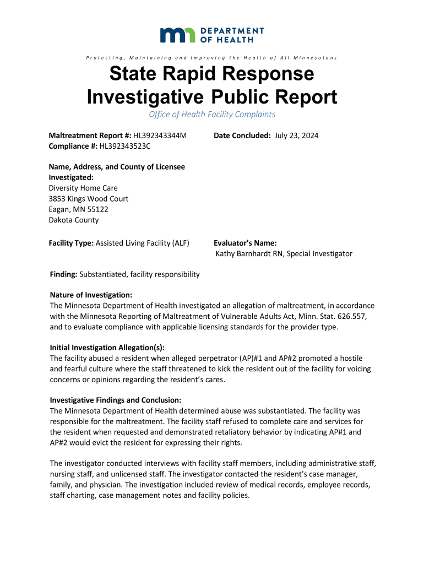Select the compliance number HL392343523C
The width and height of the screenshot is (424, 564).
pyautogui.click(x=124, y=146)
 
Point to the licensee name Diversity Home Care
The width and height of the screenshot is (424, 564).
pyautogui.click(x=83, y=188)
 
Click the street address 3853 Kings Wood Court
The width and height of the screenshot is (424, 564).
pyautogui.click(x=89, y=199)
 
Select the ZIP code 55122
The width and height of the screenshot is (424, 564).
pyautogui.click(x=97, y=209)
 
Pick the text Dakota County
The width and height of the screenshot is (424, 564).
pyautogui.click(x=74, y=220)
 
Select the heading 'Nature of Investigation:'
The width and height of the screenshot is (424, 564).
pyautogui.click(x=91, y=295)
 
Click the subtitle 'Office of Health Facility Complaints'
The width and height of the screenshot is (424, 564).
pyautogui.click(x=212, y=115)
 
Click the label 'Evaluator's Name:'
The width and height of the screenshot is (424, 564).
pyautogui.click(x=245, y=243)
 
